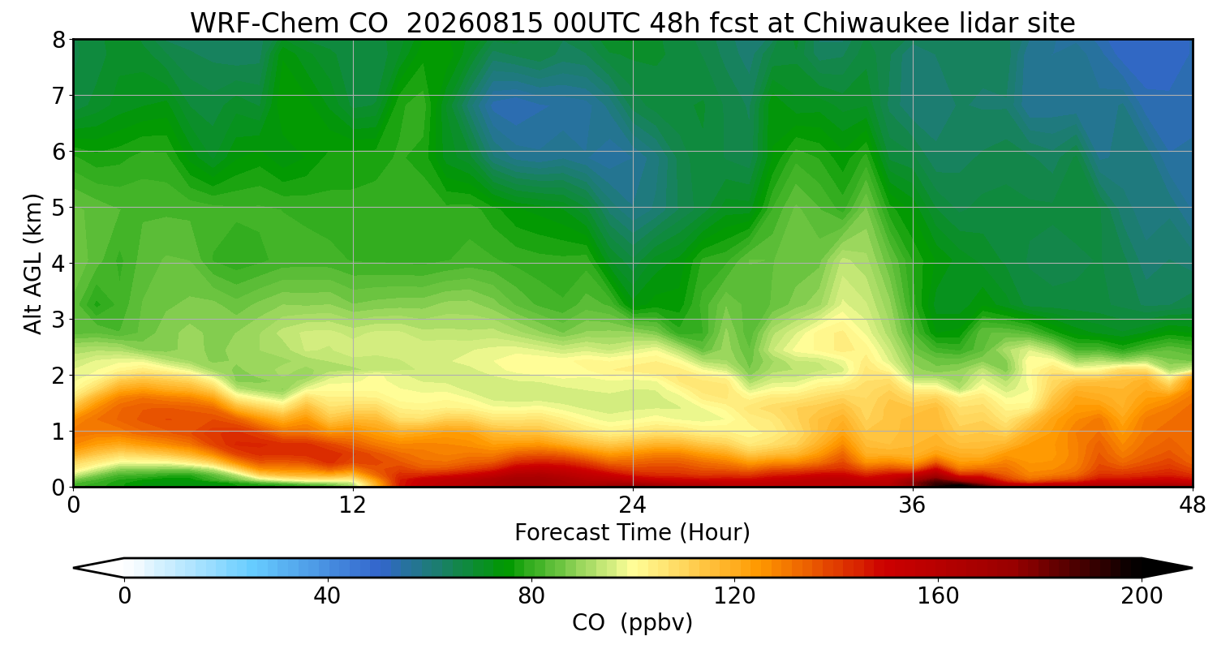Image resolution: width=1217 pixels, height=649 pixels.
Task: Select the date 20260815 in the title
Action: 475,24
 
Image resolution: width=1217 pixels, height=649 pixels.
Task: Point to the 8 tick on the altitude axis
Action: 59,41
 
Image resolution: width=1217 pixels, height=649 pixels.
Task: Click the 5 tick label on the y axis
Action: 59,208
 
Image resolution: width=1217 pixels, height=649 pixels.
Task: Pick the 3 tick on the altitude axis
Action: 59,320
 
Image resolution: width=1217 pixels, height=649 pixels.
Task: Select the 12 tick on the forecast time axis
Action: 353,505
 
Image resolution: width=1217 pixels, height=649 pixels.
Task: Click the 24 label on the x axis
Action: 633,505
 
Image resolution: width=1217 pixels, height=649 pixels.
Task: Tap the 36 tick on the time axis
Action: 912,505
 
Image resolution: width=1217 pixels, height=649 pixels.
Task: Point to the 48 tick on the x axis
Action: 1193,505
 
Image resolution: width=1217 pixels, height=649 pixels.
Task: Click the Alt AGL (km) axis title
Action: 32,264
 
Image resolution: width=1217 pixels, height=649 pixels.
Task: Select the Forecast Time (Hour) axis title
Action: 632,532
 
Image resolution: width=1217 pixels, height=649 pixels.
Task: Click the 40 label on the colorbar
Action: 327,596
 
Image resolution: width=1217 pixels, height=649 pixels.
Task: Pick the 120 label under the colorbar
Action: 734,596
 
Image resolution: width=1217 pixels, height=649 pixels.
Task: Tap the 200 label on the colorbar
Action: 1142,596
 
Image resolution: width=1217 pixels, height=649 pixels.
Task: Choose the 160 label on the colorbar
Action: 938,596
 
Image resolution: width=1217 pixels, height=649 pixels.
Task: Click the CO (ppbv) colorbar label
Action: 632,622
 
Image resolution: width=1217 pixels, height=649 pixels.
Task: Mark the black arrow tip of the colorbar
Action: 1192,568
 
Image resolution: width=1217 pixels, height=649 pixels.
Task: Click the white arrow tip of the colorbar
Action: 74,568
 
